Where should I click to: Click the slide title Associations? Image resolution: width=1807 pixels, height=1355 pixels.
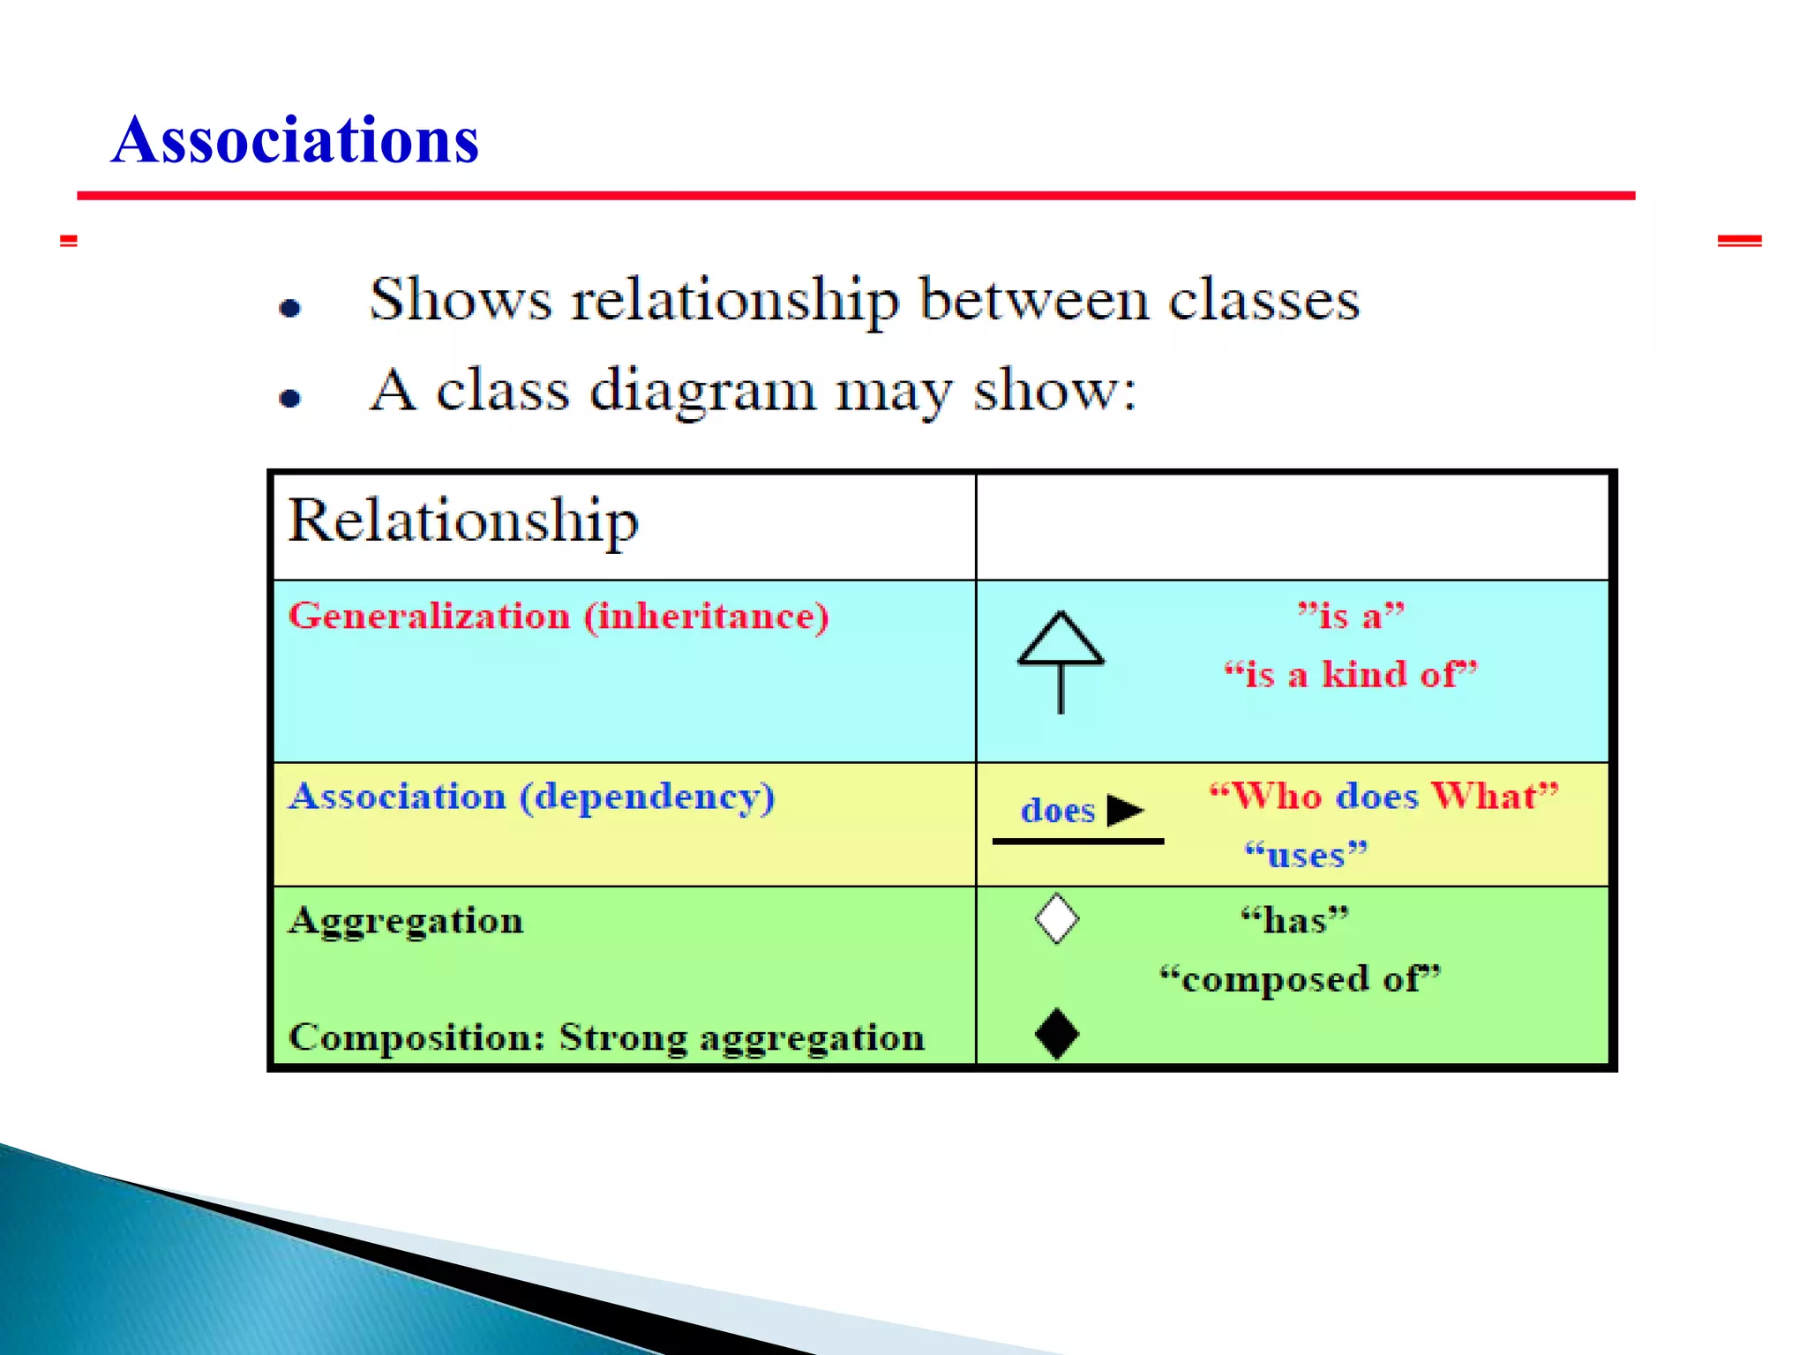tap(296, 141)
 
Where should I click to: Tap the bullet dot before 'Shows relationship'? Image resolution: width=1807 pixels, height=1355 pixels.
tap(290, 308)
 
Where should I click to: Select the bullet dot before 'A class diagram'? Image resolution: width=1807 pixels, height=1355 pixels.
tap(290, 399)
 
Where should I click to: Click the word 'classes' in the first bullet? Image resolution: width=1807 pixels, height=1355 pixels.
tap(1263, 302)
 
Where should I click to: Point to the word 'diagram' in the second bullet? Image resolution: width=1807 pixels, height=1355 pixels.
tap(702, 392)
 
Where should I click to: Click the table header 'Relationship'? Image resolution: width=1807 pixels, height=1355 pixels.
tap(463, 520)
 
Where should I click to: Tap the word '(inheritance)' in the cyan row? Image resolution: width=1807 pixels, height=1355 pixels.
tap(707, 616)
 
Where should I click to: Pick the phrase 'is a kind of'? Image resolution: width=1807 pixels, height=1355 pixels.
tap(1350, 675)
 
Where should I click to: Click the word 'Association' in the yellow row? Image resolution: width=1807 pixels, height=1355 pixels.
tap(398, 797)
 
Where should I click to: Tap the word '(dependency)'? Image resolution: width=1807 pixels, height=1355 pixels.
tap(647, 797)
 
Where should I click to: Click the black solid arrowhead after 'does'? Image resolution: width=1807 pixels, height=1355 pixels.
tap(1125, 810)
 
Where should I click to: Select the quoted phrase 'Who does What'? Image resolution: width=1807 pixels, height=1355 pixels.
tap(1383, 797)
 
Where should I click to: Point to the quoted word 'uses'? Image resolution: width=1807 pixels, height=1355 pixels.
tap(1306, 855)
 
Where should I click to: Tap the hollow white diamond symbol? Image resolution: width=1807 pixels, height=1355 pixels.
tap(1056, 918)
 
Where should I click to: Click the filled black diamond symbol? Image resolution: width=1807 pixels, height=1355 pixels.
tap(1056, 1033)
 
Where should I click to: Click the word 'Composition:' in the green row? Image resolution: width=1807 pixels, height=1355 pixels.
tap(417, 1037)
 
